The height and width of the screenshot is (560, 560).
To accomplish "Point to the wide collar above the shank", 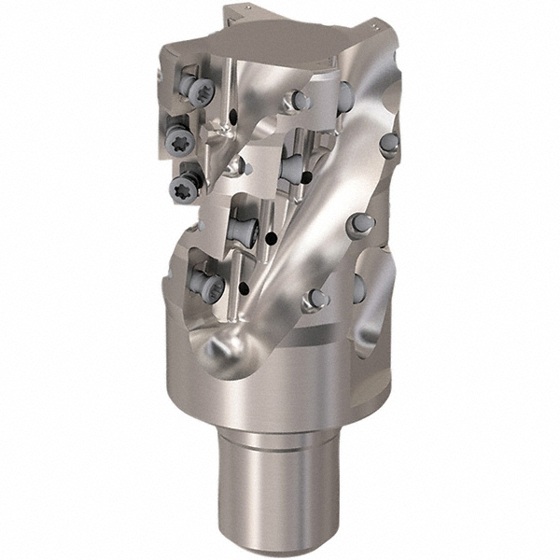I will (x=280, y=373).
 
